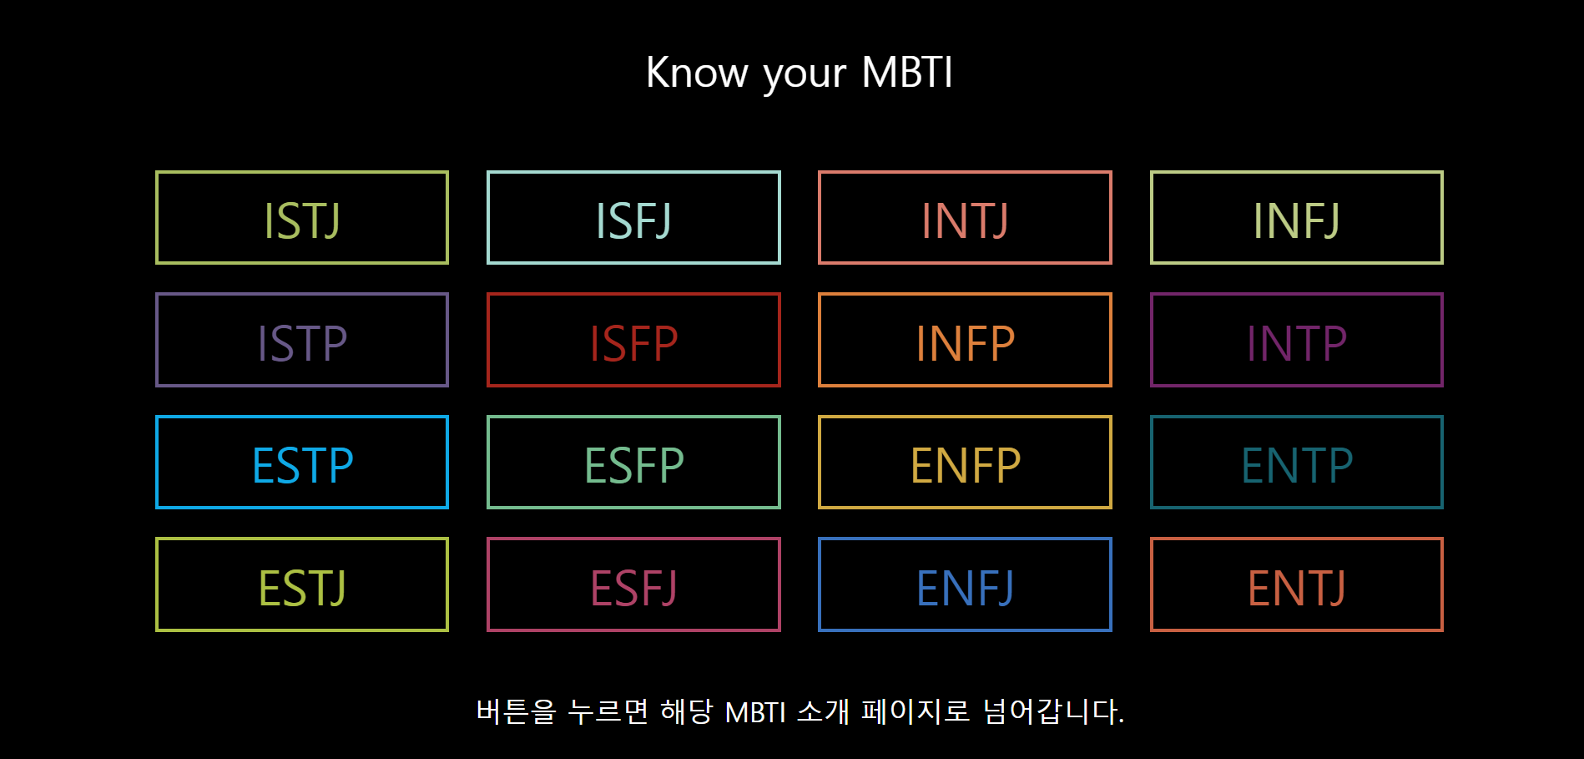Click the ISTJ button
[x=302, y=218]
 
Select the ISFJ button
[x=633, y=218]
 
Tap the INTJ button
[x=965, y=218]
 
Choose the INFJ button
[x=1296, y=218]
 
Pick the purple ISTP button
[x=302, y=340]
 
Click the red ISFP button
[x=633, y=340]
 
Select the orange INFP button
[x=965, y=340]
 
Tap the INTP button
[x=1296, y=340]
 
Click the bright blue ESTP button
[x=302, y=462]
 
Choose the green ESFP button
[x=633, y=462]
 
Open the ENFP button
[x=965, y=462]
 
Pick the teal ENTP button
[x=1296, y=462]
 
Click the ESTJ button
[x=302, y=584]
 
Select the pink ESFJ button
[x=633, y=584]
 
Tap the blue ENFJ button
[x=965, y=584]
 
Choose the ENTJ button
[x=1296, y=584]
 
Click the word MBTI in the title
[x=907, y=73]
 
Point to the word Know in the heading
[x=697, y=73]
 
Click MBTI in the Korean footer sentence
[x=755, y=712]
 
